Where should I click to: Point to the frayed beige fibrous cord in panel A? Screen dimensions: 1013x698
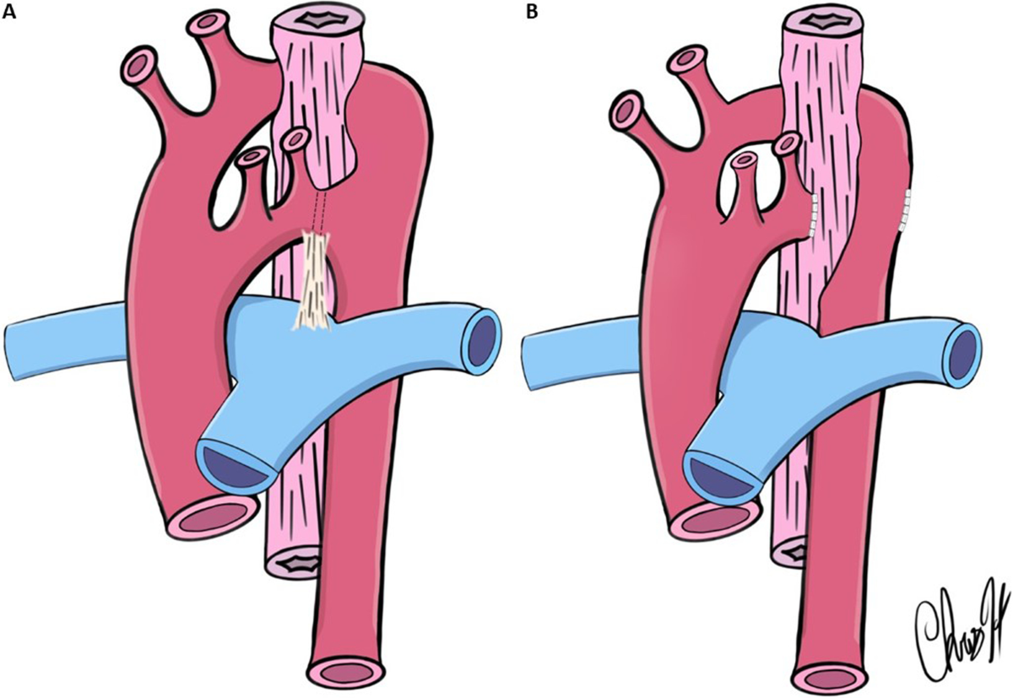[x=316, y=279]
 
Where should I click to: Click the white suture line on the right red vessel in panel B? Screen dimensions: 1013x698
[x=907, y=211]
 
